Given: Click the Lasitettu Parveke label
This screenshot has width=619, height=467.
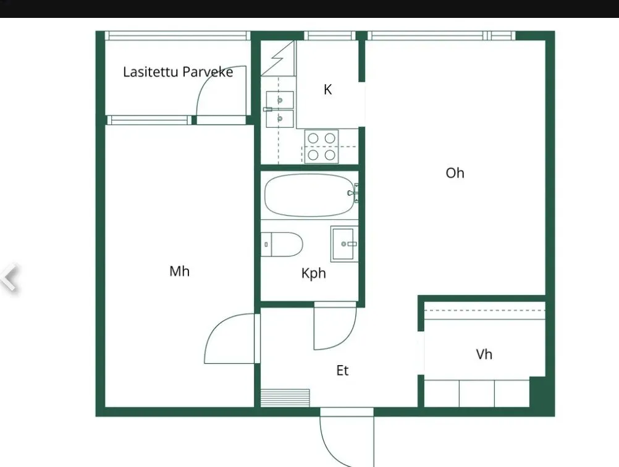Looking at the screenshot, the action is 178,72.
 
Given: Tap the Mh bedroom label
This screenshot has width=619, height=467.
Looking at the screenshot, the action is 179,271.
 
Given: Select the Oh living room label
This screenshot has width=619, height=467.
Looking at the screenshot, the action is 455,173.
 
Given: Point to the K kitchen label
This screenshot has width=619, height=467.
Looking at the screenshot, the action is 327,90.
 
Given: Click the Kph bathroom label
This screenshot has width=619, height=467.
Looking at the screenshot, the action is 313,273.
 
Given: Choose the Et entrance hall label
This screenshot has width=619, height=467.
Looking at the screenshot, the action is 342,370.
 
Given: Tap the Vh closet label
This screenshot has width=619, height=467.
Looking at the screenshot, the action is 484,354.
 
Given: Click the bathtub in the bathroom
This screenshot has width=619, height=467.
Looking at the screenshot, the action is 309,195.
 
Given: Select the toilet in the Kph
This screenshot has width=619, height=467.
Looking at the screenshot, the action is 282,245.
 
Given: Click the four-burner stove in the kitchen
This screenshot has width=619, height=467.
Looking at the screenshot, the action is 321,146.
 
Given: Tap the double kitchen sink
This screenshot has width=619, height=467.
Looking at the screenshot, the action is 279,109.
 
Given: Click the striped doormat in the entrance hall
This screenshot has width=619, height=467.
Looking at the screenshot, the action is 285,398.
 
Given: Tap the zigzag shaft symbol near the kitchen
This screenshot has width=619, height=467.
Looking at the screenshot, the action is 277,59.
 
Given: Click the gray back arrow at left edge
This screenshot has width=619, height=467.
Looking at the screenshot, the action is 9,277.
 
